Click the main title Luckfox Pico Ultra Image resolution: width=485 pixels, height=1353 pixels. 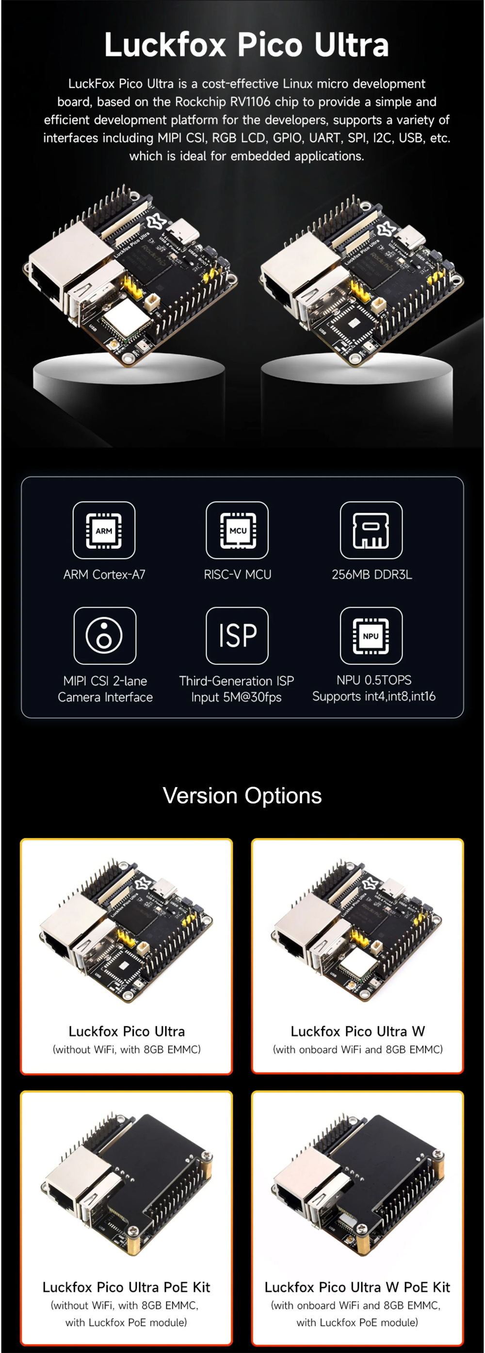246,45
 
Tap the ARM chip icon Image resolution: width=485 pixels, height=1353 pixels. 104,530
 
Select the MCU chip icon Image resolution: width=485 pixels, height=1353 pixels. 238,530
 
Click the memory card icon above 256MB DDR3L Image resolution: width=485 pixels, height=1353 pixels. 372,530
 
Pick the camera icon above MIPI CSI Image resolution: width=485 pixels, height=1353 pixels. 105,636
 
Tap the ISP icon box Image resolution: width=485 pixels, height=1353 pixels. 238,636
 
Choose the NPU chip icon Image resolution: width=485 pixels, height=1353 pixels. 372,636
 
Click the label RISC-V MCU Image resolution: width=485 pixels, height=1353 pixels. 238,575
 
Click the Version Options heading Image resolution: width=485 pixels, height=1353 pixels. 242,796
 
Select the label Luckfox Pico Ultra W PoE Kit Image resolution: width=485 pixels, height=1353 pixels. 357,1287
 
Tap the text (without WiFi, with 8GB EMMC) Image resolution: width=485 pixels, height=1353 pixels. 127,1049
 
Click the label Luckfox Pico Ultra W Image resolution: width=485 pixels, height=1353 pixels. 358,1031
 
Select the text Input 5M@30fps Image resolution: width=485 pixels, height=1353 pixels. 237,697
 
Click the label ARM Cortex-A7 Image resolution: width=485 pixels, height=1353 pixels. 104,575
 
